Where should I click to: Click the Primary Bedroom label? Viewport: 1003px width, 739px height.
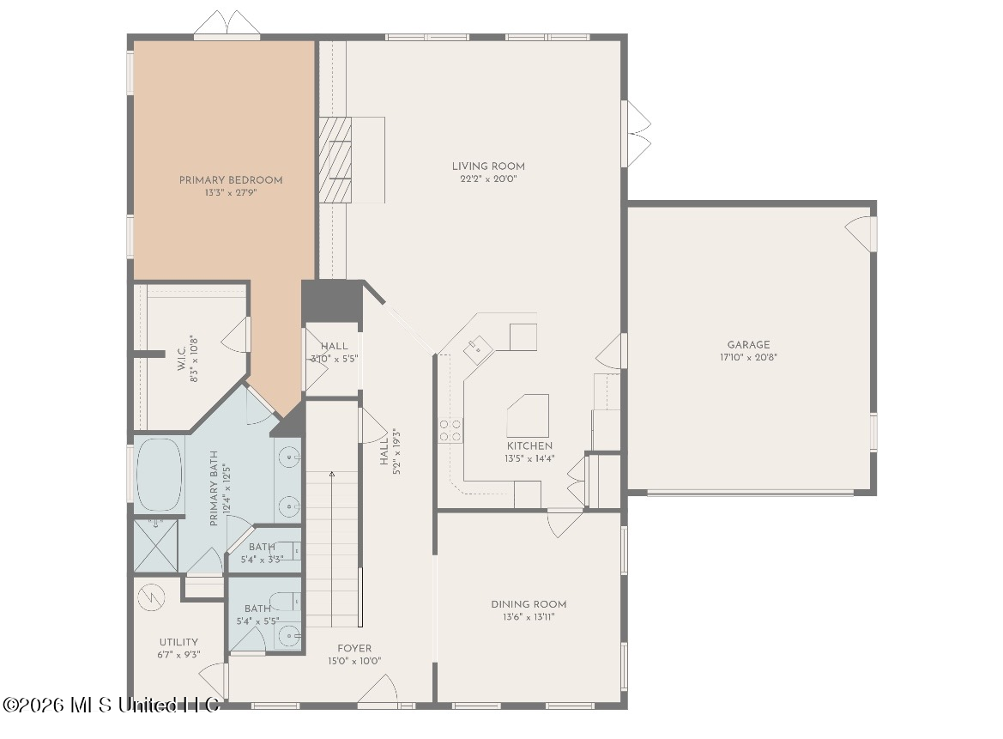click(231, 180)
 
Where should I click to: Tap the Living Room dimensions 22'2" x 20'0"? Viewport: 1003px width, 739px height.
click(488, 179)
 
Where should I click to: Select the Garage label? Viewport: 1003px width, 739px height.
click(748, 345)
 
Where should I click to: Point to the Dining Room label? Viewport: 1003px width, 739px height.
click(529, 604)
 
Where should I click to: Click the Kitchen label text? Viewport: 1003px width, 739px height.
click(529, 446)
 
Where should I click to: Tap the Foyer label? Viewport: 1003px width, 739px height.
click(354, 648)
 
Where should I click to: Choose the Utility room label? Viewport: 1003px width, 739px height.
click(178, 642)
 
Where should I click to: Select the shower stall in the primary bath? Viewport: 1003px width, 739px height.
click(155, 545)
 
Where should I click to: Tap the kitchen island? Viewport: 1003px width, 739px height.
click(529, 415)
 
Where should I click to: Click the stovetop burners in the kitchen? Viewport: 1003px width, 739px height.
click(450, 431)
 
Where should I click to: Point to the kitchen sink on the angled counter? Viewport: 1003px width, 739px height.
click(478, 350)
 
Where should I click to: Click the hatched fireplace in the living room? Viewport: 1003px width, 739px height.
click(335, 160)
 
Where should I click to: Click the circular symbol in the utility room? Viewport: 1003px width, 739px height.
click(152, 597)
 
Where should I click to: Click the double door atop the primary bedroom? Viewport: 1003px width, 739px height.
click(227, 24)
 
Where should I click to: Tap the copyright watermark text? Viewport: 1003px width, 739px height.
click(111, 705)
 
